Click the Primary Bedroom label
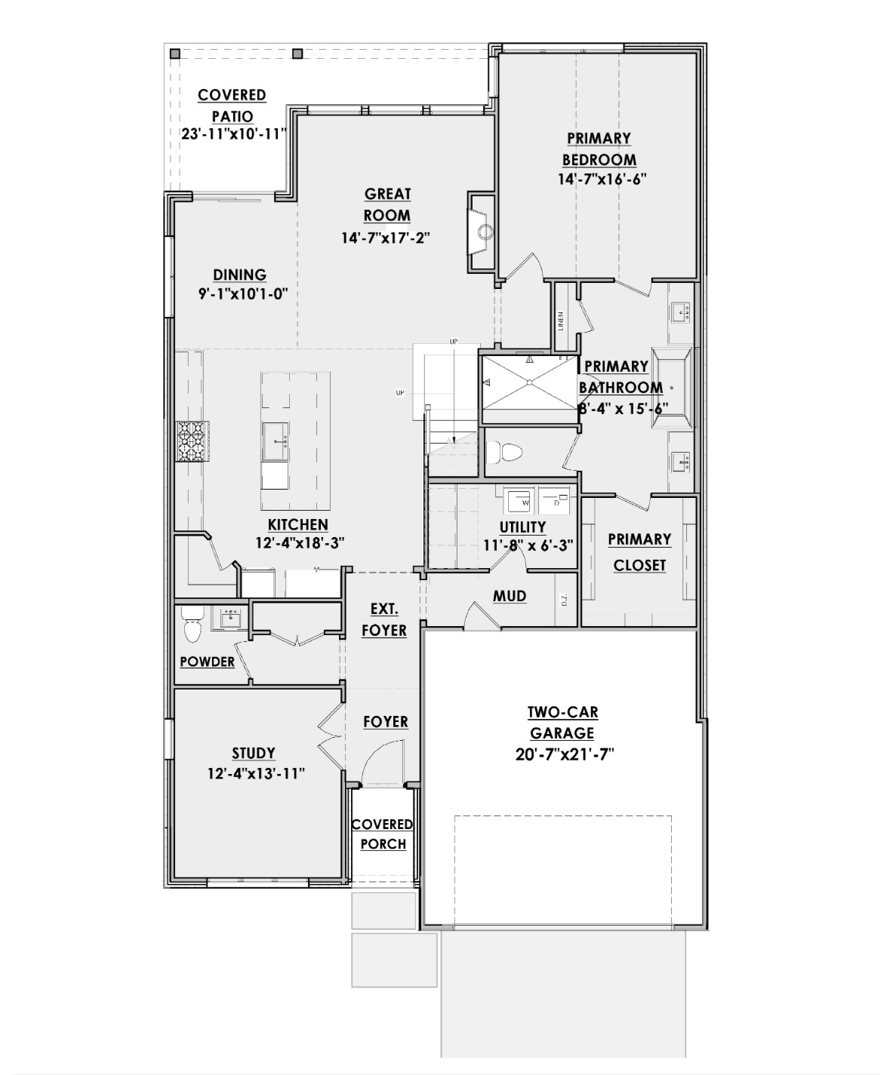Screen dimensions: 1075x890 pyautogui.click(x=599, y=149)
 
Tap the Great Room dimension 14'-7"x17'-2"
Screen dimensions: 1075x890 pyautogui.click(x=390, y=238)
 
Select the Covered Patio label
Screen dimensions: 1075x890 pyautogui.click(x=232, y=106)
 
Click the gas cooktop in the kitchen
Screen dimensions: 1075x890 pyautogui.click(x=191, y=441)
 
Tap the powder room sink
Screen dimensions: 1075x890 pyautogui.click(x=230, y=619)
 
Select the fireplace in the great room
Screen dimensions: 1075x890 pyautogui.click(x=482, y=231)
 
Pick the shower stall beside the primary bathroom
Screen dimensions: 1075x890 pyautogui.click(x=528, y=381)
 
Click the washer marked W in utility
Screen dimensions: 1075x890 pyautogui.click(x=519, y=500)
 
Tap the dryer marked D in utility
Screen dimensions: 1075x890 pyautogui.click(x=556, y=501)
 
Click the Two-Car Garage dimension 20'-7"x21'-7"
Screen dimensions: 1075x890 pyautogui.click(x=565, y=754)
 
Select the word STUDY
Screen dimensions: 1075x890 pyautogui.click(x=254, y=753)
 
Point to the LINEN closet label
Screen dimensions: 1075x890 pyautogui.click(x=561, y=321)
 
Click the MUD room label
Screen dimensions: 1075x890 pyautogui.click(x=510, y=596)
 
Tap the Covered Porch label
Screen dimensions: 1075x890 pyautogui.click(x=383, y=834)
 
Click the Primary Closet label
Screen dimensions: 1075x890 pyautogui.click(x=639, y=551)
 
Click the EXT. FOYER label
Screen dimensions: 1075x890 pyautogui.click(x=383, y=619)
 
